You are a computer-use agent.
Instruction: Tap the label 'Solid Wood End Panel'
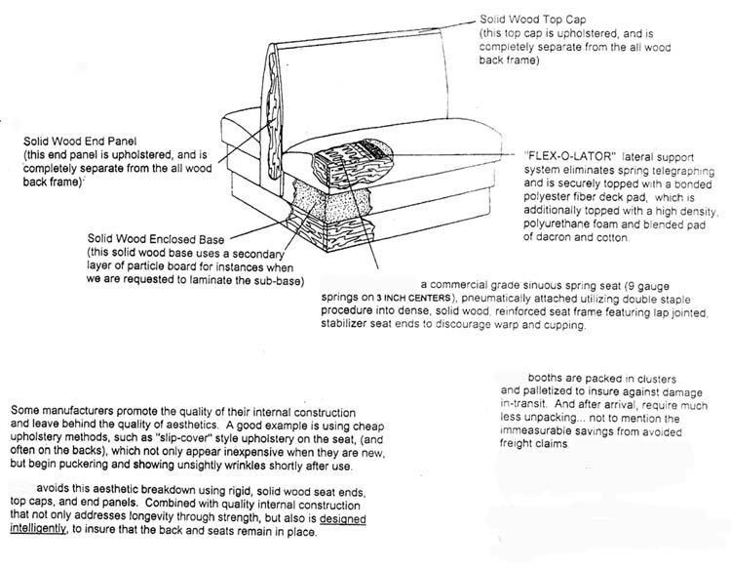point(84,141)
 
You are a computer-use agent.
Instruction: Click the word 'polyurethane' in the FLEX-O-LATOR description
point(566,225)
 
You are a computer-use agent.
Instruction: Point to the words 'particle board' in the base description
point(183,267)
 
